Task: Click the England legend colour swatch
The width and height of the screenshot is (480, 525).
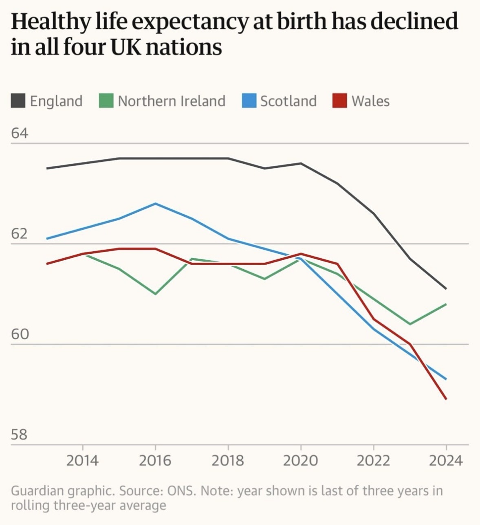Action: (18, 101)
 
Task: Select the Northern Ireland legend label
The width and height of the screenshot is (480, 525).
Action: (172, 101)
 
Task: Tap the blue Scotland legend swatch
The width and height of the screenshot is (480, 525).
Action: (249, 101)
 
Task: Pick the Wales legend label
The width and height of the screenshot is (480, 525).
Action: (370, 101)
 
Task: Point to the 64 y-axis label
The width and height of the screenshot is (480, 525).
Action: (20, 133)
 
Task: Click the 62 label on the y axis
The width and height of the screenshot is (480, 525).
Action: (20, 234)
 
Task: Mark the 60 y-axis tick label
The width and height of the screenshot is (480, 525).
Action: (20, 334)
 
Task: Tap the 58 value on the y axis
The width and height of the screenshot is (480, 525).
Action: (20, 435)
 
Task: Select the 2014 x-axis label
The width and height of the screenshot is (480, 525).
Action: (83, 461)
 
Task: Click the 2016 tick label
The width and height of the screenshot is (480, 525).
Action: (155, 461)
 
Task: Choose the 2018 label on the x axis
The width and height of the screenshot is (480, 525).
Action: (228, 461)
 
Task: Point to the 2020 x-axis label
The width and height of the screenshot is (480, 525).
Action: (300, 461)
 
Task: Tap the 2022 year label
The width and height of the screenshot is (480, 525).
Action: (373, 461)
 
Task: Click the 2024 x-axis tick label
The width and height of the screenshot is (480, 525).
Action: (446, 461)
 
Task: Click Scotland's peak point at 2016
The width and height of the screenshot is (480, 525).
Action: (155, 204)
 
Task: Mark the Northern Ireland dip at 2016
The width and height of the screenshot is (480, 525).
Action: (155, 294)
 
